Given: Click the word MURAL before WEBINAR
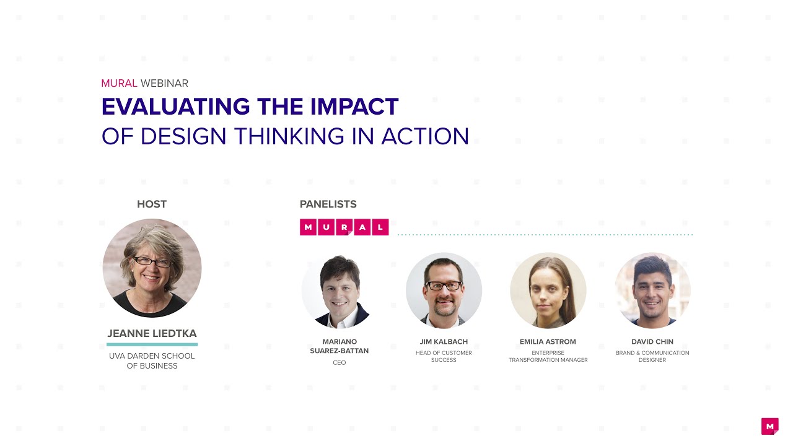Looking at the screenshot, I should pos(119,83).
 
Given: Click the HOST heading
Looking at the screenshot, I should pos(152,204).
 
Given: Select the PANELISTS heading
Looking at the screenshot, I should pos(328,204).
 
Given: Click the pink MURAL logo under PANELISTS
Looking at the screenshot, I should pos(344,227).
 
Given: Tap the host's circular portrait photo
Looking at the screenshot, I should pos(152,268).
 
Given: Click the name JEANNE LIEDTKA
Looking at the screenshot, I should pos(152,334).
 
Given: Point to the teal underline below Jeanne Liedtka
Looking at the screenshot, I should pos(152,344).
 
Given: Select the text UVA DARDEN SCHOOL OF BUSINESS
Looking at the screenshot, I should pos(152,361).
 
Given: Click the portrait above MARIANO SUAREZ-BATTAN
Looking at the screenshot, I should pos(340,290).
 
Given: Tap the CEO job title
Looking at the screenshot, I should pos(340,362).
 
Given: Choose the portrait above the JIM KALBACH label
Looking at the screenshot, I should pos(444,290).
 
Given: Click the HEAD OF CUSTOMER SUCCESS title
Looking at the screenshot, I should pos(444,356).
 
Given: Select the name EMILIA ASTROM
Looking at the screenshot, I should pos(548,341).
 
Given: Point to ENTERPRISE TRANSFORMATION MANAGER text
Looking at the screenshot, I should pos(548,356).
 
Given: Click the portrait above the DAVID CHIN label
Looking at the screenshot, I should pos(652,290).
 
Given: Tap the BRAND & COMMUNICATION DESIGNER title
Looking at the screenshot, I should pos(652,356).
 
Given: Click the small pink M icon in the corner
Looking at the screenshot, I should pos(769,426).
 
